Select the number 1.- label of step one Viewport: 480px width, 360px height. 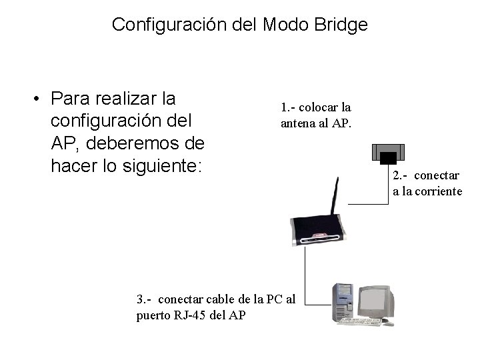(289, 107)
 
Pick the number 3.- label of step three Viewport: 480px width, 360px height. (144, 299)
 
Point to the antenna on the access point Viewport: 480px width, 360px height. (337, 197)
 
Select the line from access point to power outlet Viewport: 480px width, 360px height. (370, 203)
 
